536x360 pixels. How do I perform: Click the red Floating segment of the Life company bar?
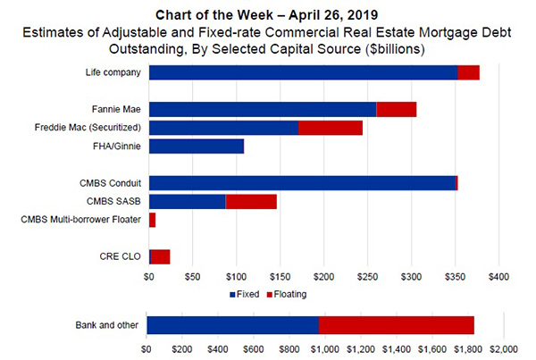pyautogui.click(x=468, y=73)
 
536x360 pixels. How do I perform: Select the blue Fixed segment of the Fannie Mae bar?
pyautogui.click(x=263, y=109)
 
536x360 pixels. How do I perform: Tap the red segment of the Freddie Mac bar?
pyautogui.click(x=330, y=128)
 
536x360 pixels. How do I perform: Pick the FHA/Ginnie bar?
pyautogui.click(x=197, y=146)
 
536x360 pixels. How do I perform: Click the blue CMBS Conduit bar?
pyautogui.click(x=302, y=183)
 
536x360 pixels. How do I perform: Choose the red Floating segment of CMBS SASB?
pyautogui.click(x=251, y=201)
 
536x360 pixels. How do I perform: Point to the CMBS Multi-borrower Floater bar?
pyautogui.click(x=153, y=220)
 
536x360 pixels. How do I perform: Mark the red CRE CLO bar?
pyautogui.click(x=161, y=257)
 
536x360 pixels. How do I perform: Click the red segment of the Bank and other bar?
pyautogui.click(x=396, y=325)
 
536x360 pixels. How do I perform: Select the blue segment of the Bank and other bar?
pyautogui.click(x=232, y=325)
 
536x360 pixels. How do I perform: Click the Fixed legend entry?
pyautogui.click(x=246, y=293)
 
